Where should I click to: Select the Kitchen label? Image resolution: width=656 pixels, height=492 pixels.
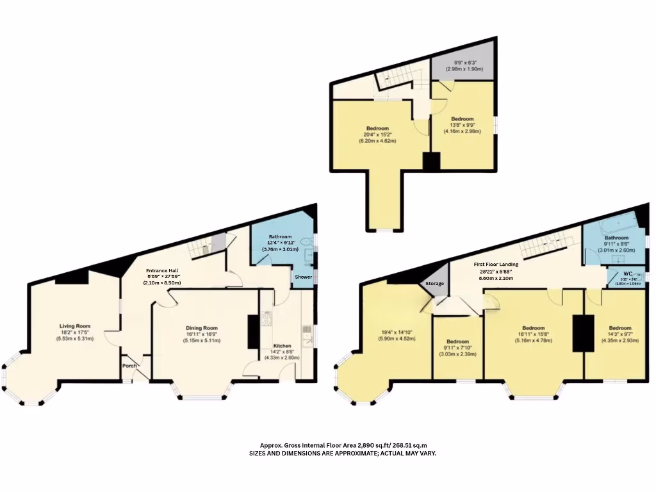(x=283, y=346)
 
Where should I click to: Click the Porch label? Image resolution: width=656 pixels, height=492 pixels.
(x=130, y=366)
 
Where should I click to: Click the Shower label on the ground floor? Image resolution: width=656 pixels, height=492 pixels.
(x=303, y=277)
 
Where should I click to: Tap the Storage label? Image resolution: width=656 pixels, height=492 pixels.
(x=435, y=283)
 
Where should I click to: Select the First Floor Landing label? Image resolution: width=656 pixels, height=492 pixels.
(x=496, y=264)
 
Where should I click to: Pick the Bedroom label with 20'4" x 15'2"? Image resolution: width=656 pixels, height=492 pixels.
(x=377, y=128)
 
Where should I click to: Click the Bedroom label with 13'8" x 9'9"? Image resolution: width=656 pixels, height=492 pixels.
(x=462, y=119)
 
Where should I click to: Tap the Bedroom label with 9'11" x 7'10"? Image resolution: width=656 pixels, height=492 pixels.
(x=457, y=341)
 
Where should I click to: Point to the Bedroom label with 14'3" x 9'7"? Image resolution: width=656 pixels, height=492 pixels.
(x=619, y=327)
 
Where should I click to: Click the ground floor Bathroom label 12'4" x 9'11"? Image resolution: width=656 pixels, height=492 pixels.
(x=280, y=236)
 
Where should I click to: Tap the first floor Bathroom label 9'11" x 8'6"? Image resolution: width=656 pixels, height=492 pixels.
(x=616, y=238)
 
